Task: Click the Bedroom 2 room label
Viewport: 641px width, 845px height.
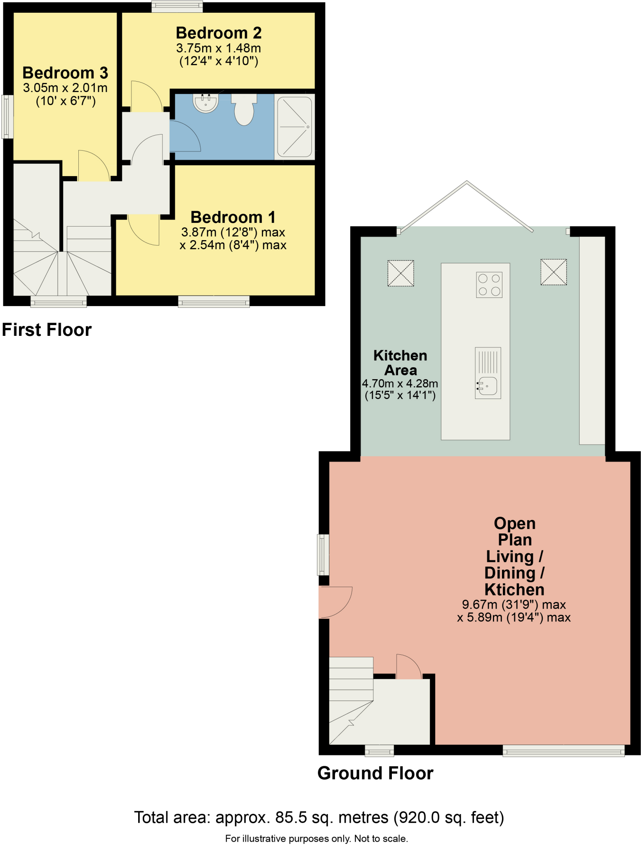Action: click(x=219, y=33)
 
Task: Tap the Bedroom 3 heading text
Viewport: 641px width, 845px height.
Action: click(x=65, y=73)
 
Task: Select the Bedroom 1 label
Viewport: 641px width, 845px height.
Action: click(x=233, y=217)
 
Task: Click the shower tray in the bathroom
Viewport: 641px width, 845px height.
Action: click(x=295, y=127)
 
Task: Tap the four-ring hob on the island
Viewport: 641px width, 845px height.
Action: click(x=489, y=285)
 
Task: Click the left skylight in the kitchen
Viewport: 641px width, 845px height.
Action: click(x=401, y=273)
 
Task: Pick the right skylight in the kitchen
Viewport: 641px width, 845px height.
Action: click(x=554, y=272)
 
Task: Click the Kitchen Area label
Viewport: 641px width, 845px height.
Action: click(x=400, y=363)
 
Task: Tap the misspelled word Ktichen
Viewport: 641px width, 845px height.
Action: click(x=514, y=589)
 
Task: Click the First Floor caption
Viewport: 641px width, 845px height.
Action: click(x=47, y=330)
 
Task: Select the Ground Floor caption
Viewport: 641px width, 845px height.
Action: click(x=375, y=773)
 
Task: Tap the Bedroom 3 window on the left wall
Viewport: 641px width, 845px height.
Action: click(x=7, y=117)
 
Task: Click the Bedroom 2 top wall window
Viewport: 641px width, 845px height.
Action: click(x=177, y=6)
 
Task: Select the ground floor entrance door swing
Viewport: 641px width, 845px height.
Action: click(x=335, y=602)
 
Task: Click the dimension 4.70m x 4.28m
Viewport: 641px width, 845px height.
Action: click(x=400, y=383)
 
